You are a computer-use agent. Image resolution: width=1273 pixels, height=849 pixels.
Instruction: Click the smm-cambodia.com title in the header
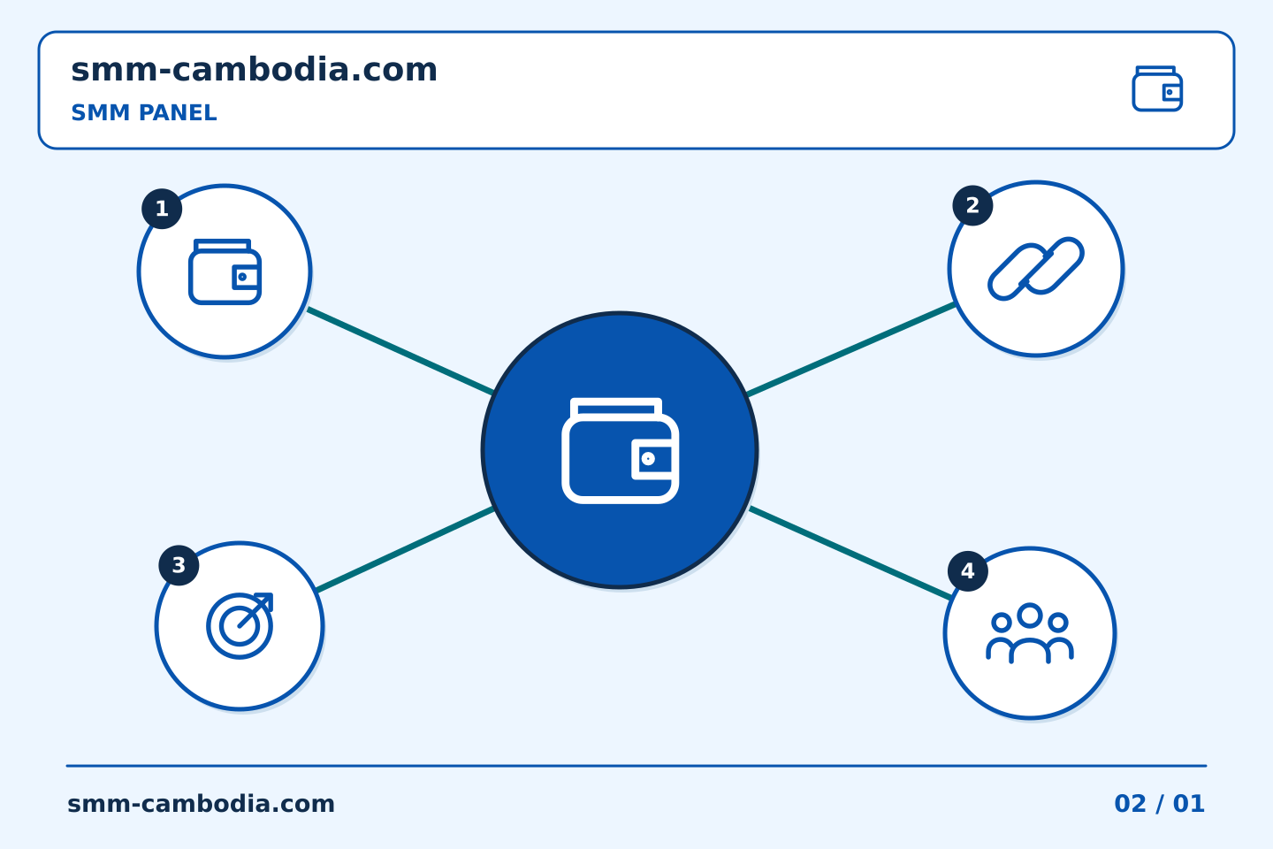pyautogui.click(x=254, y=70)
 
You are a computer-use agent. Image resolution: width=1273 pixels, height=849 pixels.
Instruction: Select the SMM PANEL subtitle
pyautogui.click(x=144, y=112)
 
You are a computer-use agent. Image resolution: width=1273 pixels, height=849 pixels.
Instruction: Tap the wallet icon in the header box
pyautogui.click(x=1157, y=88)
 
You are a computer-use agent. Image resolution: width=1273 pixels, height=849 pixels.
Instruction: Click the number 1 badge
pyautogui.click(x=162, y=209)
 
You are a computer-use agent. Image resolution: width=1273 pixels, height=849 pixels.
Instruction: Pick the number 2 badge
pyautogui.click(x=972, y=205)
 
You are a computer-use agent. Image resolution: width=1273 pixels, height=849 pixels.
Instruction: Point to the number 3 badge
pyautogui.click(x=179, y=565)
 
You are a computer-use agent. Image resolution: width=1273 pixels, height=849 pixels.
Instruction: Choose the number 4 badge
pyautogui.click(x=967, y=571)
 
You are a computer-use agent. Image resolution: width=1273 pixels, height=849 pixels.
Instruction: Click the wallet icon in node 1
pyautogui.click(x=225, y=272)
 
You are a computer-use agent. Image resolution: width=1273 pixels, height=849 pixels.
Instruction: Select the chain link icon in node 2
pyautogui.click(x=1035, y=268)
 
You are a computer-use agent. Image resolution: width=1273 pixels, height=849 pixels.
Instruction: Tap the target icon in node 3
pyautogui.click(x=240, y=626)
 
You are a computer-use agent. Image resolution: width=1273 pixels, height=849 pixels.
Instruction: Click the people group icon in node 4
pyautogui.click(x=1029, y=633)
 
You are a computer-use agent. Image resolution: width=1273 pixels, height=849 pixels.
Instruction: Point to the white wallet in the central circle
pyautogui.click(x=620, y=450)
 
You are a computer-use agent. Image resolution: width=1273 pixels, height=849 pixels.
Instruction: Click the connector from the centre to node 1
pyautogui.click(x=400, y=351)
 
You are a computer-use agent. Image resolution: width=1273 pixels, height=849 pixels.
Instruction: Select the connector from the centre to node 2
pyautogui.click(x=850, y=349)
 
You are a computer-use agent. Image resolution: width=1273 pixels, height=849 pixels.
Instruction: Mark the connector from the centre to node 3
pyautogui.click(x=405, y=550)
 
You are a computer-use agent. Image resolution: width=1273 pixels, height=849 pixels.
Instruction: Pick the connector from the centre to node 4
pyautogui.click(x=850, y=553)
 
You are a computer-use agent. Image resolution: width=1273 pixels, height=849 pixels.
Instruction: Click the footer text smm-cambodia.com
pyautogui.click(x=201, y=804)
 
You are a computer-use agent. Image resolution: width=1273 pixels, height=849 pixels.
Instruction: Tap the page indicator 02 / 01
pyautogui.click(x=1159, y=804)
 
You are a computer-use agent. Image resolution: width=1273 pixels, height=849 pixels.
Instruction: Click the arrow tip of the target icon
pyautogui.click(x=271, y=594)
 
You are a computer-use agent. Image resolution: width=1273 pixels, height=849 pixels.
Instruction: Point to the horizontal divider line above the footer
pyautogui.click(x=636, y=766)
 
